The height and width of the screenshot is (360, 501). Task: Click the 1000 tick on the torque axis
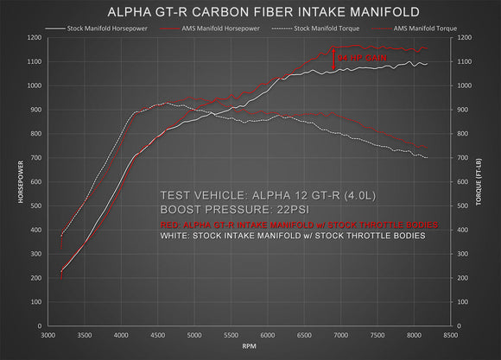coord(466,86)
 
